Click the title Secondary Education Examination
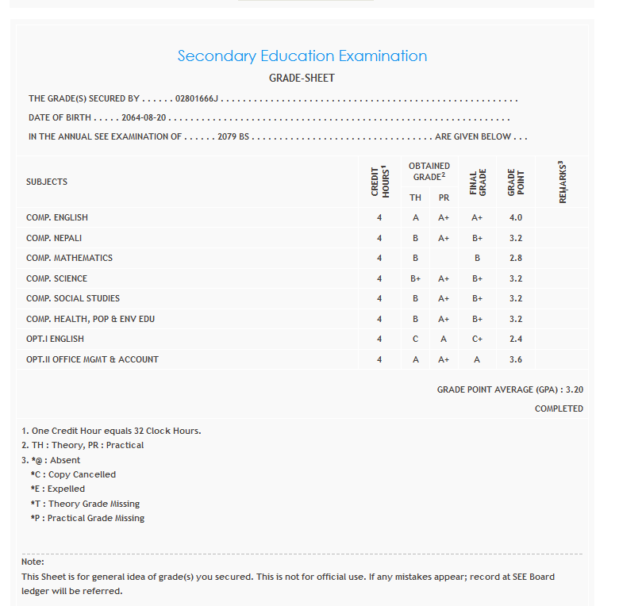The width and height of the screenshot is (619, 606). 302,56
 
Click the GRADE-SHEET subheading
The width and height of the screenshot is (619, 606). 302,79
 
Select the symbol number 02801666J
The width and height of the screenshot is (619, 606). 197,99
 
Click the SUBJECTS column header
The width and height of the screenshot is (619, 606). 47,182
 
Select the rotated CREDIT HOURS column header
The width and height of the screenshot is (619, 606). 379,182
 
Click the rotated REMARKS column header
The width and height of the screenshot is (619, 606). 563,182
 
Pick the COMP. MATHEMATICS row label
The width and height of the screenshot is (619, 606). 69,258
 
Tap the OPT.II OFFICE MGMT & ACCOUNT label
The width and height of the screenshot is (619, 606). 92,359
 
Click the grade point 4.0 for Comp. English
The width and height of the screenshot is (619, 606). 516,217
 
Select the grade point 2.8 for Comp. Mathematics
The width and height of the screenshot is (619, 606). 516,258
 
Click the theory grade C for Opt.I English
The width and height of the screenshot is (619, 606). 415,339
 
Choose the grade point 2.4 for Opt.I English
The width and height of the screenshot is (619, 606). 516,339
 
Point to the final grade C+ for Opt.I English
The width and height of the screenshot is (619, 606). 477,339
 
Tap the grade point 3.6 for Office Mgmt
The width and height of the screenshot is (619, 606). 516,359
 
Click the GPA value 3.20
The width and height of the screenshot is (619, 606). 575,389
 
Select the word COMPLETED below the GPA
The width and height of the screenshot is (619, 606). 559,408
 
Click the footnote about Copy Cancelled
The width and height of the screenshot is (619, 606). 73,474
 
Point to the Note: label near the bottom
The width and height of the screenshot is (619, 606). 33,562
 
